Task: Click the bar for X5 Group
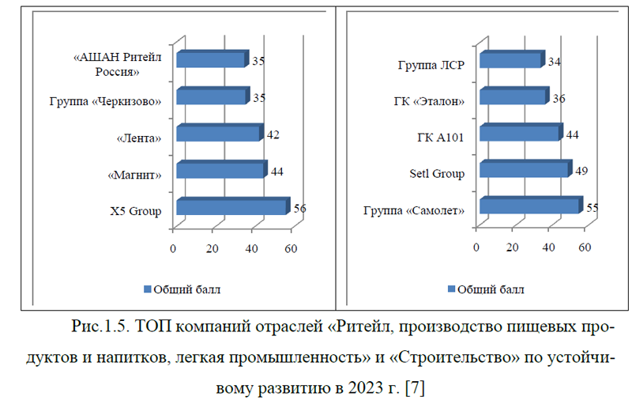pyautogui.click(x=230, y=207)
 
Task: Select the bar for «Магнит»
pyautogui.click(x=220, y=170)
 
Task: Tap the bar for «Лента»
pyautogui.click(x=218, y=134)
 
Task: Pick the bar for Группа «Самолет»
pyautogui.click(x=529, y=206)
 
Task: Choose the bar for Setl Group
pyautogui.click(x=523, y=170)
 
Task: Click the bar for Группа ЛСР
pyautogui.click(x=510, y=60)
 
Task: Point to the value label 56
pyautogui.click(x=299, y=208)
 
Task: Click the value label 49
pyautogui.click(x=581, y=171)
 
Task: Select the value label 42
pyautogui.click(x=273, y=134)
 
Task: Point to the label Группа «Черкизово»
pyautogui.click(x=106, y=101)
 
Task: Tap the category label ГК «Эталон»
pyautogui.click(x=428, y=100)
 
